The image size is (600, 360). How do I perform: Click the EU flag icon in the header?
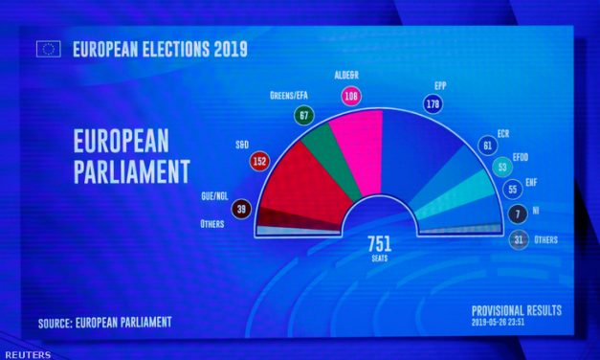(x=48, y=49)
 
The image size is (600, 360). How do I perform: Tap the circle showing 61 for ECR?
(x=487, y=146)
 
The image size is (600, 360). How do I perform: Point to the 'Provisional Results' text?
(x=517, y=311)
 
